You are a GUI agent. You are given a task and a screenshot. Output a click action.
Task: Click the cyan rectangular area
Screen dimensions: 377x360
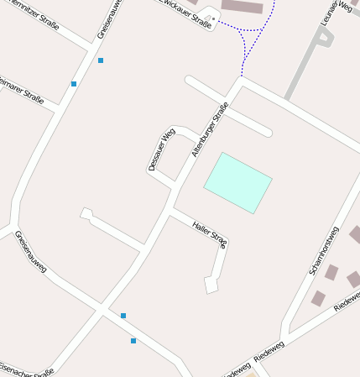tap(238, 182)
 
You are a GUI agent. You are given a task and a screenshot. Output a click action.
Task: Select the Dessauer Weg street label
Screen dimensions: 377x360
tap(161, 149)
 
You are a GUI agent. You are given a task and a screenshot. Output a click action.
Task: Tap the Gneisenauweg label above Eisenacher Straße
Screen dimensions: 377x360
tap(31, 251)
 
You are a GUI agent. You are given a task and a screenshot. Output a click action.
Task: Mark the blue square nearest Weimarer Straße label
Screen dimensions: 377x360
tap(74, 84)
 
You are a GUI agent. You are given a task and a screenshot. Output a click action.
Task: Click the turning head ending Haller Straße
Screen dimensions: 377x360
tap(211, 285)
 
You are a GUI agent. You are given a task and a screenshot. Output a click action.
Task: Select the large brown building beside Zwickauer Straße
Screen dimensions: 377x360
tap(242, 7)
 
